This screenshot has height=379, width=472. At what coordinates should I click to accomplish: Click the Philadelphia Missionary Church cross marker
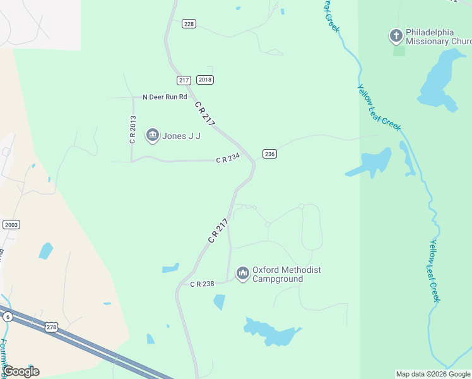396,36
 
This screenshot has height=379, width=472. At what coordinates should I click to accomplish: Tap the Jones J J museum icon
152,135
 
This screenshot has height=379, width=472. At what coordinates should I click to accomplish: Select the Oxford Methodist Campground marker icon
242,274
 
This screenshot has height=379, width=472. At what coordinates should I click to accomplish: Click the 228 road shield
189,23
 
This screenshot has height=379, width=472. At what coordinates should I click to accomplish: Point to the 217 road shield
184,80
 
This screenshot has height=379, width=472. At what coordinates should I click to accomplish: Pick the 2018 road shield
205,80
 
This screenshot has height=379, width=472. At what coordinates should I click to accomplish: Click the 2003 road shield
11,224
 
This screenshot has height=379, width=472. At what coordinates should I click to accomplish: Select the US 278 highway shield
52,327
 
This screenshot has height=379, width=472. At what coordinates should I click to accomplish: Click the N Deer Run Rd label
165,97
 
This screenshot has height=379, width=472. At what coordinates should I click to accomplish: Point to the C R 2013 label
133,129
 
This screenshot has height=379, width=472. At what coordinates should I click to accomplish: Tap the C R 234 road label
228,160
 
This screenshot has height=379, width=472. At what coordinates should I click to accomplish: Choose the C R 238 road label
203,284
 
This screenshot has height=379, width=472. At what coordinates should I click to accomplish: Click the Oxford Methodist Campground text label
286,274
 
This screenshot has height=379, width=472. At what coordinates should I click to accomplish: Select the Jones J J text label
181,136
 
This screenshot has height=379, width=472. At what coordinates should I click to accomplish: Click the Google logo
21,371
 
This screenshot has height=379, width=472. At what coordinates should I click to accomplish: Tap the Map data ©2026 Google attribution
433,374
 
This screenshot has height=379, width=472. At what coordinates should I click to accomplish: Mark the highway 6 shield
7,316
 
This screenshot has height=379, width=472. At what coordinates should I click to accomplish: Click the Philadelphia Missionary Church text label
438,37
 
